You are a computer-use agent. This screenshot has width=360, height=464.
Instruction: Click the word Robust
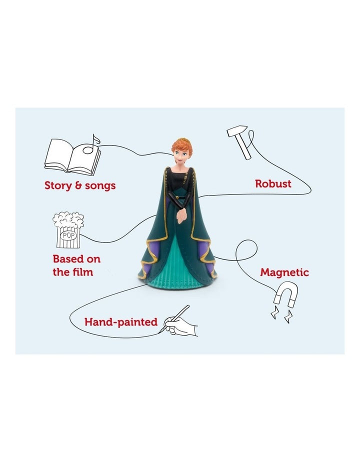point(273,184)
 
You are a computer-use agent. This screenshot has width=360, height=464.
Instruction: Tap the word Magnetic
point(284,272)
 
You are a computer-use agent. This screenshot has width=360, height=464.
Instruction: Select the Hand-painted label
point(120,322)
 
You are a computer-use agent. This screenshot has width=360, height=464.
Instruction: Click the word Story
point(58,186)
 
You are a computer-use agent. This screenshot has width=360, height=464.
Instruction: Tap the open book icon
point(72,157)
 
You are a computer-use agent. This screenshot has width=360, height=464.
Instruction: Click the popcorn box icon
point(68,230)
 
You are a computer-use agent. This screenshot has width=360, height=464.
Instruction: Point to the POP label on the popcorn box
point(68,235)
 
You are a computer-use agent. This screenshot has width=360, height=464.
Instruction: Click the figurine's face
point(180,155)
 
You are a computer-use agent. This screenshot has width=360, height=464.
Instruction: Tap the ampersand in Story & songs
point(78,186)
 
